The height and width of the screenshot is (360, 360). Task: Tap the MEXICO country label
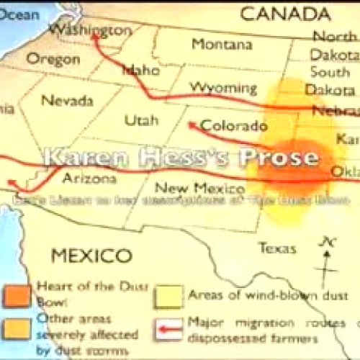(91, 255)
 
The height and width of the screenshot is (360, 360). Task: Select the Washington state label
(91, 30)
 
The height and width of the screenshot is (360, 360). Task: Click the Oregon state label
(53, 59)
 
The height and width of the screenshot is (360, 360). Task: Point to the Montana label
(222, 44)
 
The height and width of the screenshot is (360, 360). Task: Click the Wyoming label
(223, 88)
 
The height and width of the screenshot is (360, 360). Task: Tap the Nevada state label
(67, 100)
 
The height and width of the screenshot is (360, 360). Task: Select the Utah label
(141, 120)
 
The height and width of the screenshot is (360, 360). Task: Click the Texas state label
(277, 248)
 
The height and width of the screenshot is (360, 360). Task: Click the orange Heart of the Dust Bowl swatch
(21, 293)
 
